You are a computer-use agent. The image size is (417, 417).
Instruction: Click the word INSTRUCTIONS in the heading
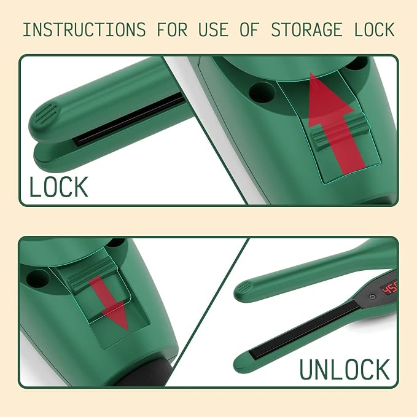84,29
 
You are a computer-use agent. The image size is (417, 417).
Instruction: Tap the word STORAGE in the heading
306,29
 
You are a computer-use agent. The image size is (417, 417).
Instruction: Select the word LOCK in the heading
375,29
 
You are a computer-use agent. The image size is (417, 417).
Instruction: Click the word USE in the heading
214,29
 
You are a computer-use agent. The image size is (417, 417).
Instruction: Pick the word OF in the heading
249,29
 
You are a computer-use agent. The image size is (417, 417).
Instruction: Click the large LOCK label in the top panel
58,187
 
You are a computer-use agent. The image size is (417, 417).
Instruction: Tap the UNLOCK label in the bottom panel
345,369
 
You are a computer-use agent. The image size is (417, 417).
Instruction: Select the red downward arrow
109,303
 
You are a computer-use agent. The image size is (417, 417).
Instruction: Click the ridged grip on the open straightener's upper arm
243,288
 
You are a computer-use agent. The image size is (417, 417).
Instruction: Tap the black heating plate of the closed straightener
128,120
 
